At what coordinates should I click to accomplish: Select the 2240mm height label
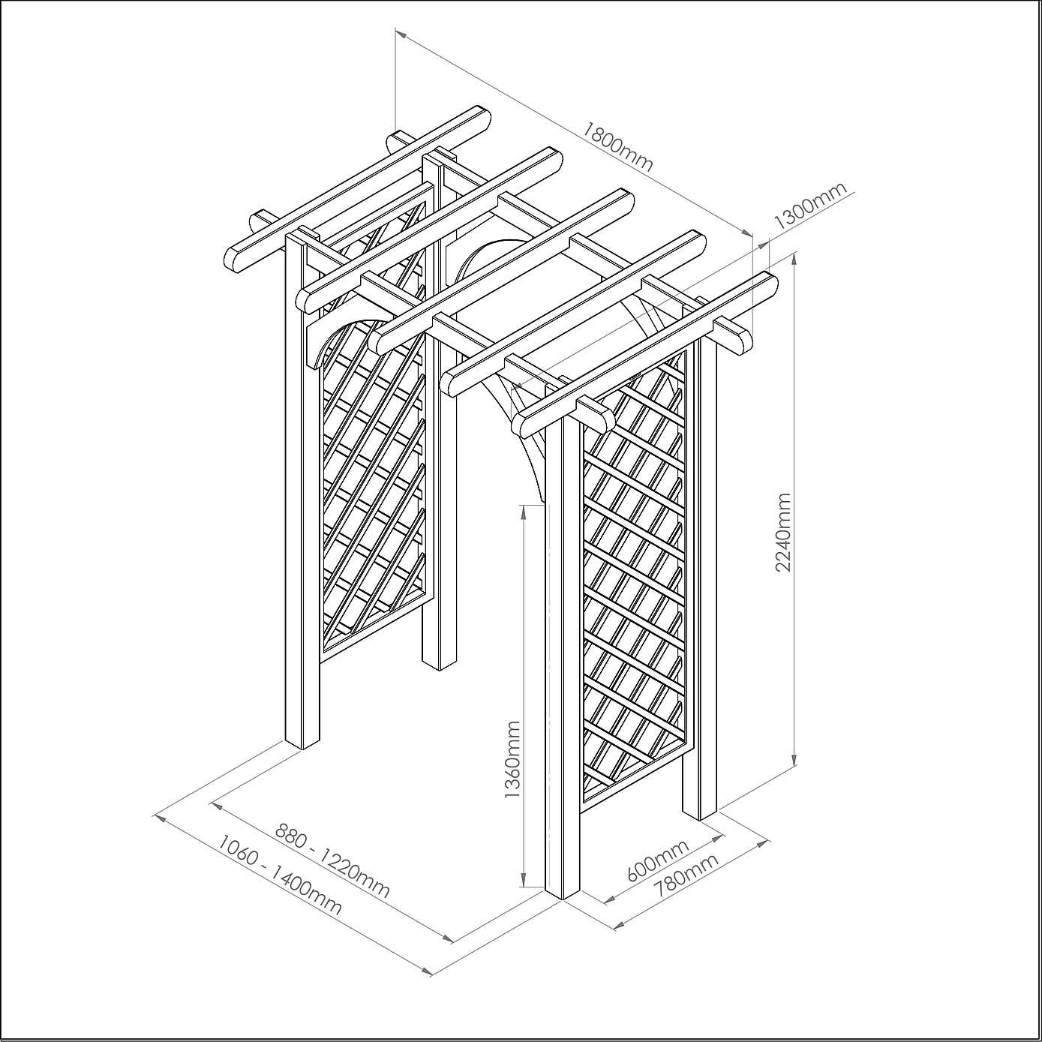coord(783,532)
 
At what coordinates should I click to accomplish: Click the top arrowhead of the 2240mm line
coord(794,260)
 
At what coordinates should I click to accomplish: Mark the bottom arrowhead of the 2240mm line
coord(794,758)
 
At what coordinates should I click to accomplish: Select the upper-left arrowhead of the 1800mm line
coord(401,34)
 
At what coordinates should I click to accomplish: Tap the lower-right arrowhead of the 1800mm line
coord(746,233)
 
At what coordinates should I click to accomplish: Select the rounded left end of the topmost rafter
coord(233,259)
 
